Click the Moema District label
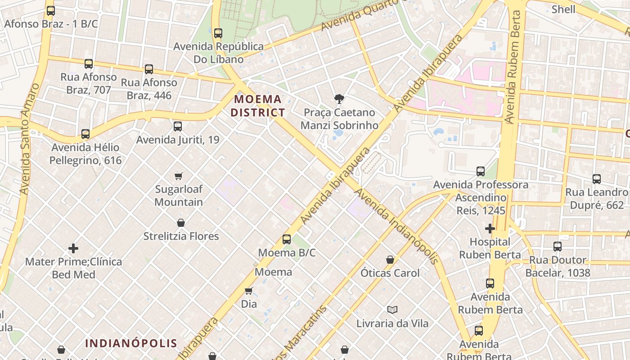coord(258,106)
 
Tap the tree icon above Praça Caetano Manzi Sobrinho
coord(339,99)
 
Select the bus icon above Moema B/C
coord(287,239)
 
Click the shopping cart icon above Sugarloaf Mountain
coord(179,176)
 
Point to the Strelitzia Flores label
coord(181,236)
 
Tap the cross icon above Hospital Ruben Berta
coord(490,229)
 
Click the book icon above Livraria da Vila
coord(392,310)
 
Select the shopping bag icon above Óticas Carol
coord(390,260)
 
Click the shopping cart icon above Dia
coord(248,291)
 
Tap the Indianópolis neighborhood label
coord(131,343)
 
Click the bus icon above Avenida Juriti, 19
coord(178,126)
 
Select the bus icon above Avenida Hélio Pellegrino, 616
coord(85,134)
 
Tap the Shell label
coord(563,9)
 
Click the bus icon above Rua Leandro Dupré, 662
coord(597,179)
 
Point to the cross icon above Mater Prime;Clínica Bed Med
coord(73,248)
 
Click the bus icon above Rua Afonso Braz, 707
coord(89,64)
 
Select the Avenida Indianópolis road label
coord(396,226)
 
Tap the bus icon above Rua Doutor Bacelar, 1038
coord(558,247)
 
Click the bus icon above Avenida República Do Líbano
coord(218,33)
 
